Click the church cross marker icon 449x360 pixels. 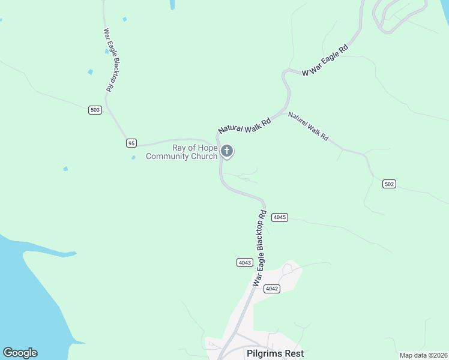227,151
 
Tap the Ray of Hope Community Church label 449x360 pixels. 181,152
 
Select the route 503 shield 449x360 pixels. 95,110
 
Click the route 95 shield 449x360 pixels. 131,143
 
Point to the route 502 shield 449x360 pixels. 389,184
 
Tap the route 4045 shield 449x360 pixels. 280,217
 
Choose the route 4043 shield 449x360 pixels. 244,263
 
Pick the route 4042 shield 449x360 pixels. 272,289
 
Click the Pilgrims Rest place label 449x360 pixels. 275,353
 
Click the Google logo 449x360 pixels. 20,353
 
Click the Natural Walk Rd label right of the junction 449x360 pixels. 308,126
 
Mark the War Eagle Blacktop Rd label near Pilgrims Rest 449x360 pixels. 259,248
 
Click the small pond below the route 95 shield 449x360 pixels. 133,158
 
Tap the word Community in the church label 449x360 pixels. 167,157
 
